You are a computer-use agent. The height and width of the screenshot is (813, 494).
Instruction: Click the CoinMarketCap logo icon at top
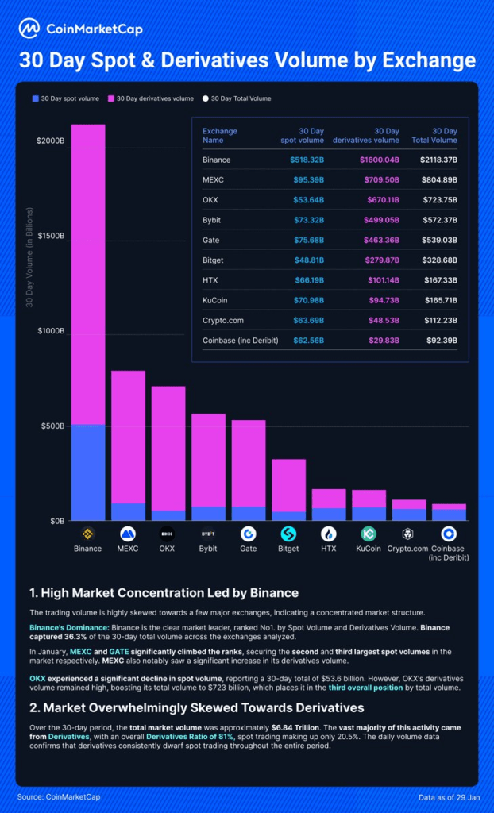point(29,29)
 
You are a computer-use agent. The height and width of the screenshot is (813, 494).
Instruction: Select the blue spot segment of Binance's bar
point(88,472)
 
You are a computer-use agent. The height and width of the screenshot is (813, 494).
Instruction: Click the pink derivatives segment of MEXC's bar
point(128,437)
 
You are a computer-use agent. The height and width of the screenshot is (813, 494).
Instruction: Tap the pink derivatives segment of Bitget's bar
point(288,485)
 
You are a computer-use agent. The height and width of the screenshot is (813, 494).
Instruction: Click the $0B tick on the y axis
point(56,521)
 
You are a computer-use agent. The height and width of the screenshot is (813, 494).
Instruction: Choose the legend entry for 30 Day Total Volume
point(237,98)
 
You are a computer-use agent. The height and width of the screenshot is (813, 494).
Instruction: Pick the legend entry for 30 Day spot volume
point(65,98)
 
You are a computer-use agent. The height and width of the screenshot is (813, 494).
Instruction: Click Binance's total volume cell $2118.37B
point(439,160)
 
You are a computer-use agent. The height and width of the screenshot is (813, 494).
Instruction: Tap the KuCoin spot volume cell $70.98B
point(307,299)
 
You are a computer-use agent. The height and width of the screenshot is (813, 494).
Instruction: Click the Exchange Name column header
point(219,136)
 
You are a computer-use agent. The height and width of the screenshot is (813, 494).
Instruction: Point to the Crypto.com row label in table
point(222,320)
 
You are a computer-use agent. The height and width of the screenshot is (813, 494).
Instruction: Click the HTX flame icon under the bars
point(329,533)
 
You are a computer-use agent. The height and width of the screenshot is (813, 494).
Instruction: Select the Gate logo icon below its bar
point(249,533)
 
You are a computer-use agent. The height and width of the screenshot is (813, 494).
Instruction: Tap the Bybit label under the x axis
point(208,548)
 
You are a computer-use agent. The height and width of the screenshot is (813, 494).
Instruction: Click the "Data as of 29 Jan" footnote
point(450,796)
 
